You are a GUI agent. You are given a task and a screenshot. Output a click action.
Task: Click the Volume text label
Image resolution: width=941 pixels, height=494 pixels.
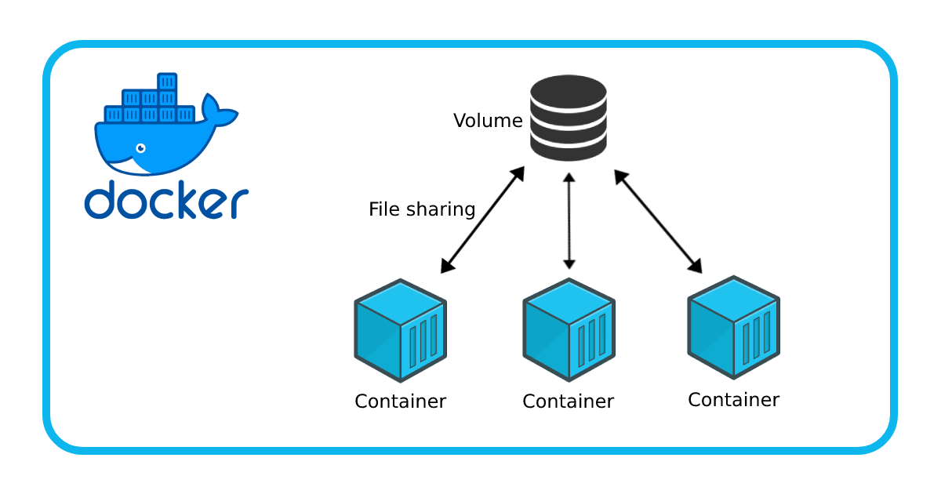click(487, 121)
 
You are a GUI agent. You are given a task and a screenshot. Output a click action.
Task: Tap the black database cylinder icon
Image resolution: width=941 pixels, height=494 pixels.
click(569, 118)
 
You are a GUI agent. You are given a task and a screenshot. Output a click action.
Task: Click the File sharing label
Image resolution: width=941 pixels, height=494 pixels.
click(422, 209)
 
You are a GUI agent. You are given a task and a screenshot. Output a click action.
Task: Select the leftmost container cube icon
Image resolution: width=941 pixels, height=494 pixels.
click(400, 330)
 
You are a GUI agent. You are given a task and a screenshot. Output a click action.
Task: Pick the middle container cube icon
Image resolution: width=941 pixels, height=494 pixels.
click(569, 330)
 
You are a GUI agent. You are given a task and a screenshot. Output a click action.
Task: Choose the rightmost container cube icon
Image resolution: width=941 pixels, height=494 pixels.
click(733, 328)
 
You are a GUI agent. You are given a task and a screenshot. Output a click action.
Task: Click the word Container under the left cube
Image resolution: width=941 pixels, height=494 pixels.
click(400, 401)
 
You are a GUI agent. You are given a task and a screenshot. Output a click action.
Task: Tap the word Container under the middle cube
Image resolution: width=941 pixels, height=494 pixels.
click(568, 401)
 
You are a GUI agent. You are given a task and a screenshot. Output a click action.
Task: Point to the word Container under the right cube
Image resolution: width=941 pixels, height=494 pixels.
click(733, 400)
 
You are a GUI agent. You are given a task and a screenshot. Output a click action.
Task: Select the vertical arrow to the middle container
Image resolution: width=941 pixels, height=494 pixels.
click(569, 221)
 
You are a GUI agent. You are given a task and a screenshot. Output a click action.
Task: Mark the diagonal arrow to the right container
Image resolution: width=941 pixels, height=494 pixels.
click(658, 222)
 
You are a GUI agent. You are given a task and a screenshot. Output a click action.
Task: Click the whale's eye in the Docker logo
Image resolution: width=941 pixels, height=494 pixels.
click(140, 148)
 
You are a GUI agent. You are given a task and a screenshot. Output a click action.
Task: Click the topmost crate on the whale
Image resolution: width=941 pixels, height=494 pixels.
click(167, 82)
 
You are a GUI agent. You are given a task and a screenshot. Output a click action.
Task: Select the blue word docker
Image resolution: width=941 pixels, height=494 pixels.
click(166, 201)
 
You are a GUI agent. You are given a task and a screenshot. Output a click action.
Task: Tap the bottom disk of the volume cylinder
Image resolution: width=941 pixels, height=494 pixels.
click(569, 147)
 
